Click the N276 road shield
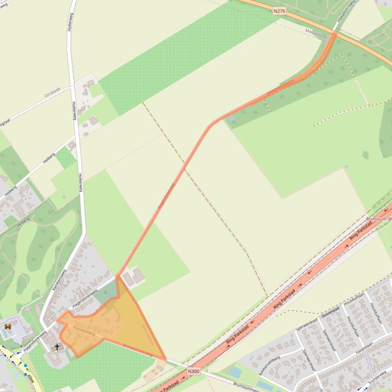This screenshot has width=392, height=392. click(x=279, y=11)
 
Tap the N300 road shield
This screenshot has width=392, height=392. click(x=193, y=371)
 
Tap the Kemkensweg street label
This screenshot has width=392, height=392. click(x=60, y=279)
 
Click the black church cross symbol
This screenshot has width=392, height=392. click(x=57, y=347)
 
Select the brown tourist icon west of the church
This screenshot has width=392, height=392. click(x=8, y=326)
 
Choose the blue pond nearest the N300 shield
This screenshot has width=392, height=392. click(x=235, y=372)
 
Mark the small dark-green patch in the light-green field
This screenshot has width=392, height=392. click(x=365, y=154)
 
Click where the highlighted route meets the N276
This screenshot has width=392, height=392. click(x=335, y=34)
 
